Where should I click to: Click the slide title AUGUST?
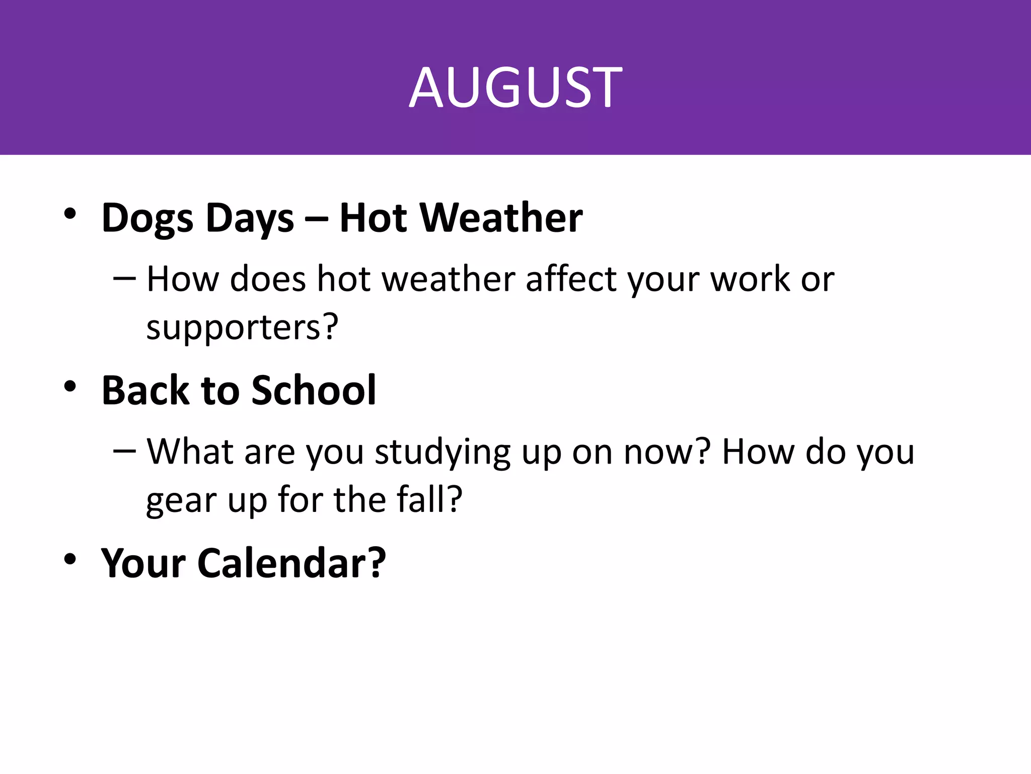coord(515,88)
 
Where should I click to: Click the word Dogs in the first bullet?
coord(147,219)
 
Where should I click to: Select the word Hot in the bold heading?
coord(373,218)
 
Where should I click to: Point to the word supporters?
coord(242,328)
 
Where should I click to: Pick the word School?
coord(314,391)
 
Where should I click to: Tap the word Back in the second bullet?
coord(145,391)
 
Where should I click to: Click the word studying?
coord(443,452)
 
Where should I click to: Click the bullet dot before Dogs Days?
coord(70,214)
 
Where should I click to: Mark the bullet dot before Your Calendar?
coord(70,559)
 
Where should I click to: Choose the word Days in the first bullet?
coord(250,219)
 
